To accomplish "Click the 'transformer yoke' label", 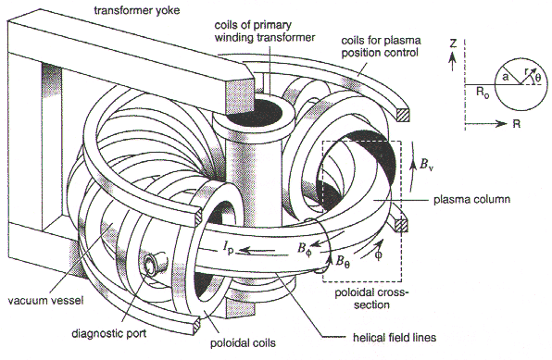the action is (x=136, y=10).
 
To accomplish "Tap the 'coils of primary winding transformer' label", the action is (x=265, y=31).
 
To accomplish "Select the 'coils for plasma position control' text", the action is (x=381, y=46).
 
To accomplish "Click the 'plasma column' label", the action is (x=471, y=200).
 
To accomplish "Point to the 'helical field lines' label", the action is (x=395, y=338).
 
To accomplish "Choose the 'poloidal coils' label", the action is (x=243, y=343).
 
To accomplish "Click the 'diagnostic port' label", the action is (x=108, y=333).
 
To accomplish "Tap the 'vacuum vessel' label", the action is (x=45, y=301).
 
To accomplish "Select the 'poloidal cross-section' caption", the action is (x=372, y=298).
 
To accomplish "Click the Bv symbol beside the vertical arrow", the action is (x=426, y=165).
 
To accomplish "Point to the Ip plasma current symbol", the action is (x=228, y=250).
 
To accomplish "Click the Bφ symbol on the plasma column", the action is (x=305, y=249).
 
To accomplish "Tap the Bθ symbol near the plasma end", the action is (x=343, y=262).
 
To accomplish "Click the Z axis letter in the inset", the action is (x=453, y=43).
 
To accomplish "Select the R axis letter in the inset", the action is (x=516, y=124).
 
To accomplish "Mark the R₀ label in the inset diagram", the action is (x=483, y=93).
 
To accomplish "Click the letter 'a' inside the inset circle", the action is (x=506, y=77).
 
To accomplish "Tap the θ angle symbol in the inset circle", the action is (x=537, y=78).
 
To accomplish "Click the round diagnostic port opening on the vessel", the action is (x=151, y=265).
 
